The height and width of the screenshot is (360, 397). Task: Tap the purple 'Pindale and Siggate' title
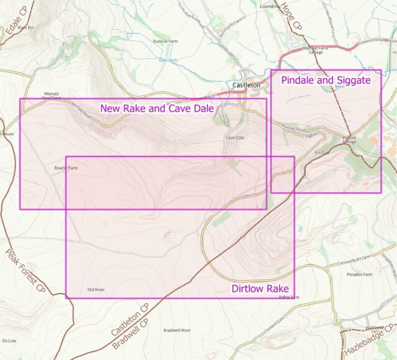[x=326, y=81]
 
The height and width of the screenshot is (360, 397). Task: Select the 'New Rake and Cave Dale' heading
[x=157, y=109]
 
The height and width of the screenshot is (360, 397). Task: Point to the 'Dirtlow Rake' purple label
[x=260, y=289]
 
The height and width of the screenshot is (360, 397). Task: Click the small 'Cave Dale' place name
[x=235, y=138]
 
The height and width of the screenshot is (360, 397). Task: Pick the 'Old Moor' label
[x=96, y=289]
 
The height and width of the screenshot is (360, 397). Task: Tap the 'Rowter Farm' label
[x=66, y=168]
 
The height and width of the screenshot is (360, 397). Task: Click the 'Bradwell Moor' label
[x=177, y=330]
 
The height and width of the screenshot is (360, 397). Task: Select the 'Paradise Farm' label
[x=359, y=274]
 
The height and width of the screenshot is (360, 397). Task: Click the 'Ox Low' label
[x=9, y=340]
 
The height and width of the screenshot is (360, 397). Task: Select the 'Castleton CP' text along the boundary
[x=130, y=321]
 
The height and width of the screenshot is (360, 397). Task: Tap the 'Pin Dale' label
[x=321, y=152]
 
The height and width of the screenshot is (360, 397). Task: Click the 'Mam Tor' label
[x=26, y=28]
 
